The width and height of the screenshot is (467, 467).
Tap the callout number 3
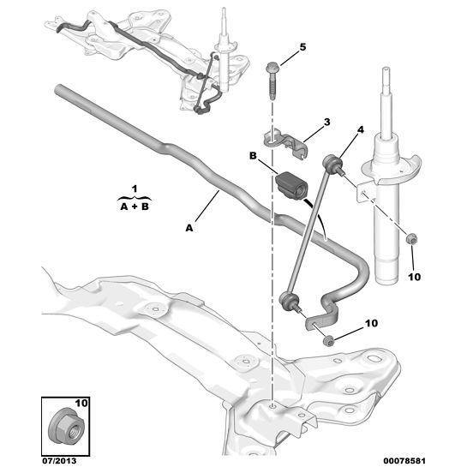pyautogui.click(x=326, y=123)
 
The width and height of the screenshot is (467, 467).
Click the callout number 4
pyautogui.click(x=360, y=130)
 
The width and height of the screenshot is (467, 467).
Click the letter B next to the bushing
pyautogui.click(x=253, y=156)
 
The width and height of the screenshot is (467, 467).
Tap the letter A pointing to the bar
pyautogui.click(x=188, y=227)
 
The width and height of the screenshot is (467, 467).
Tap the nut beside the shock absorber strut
pyautogui.click(x=411, y=238)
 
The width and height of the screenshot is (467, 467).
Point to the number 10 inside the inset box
pyautogui.click(x=81, y=400)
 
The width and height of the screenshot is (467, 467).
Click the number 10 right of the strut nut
pyautogui.click(x=414, y=277)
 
